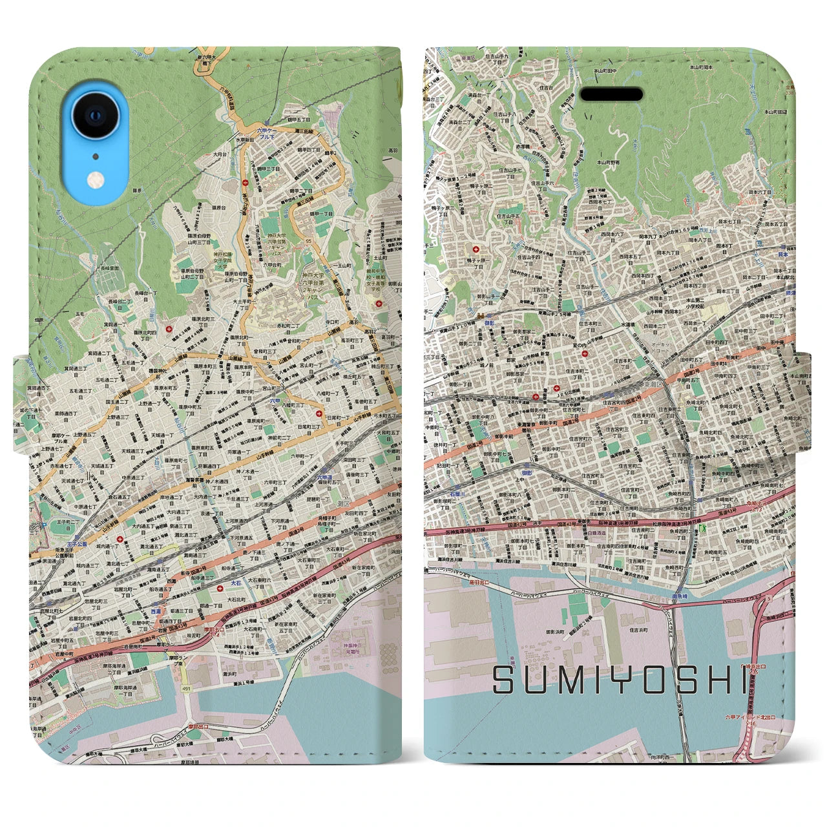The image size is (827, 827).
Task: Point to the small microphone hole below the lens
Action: [x=96, y=156]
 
